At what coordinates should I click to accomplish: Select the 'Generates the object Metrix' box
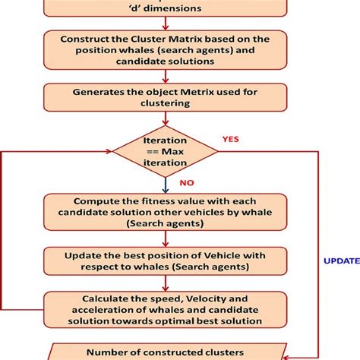(x=166, y=97)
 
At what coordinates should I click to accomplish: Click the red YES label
(x=230, y=139)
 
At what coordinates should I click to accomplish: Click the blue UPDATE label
(x=342, y=261)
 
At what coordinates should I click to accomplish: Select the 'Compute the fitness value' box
(x=166, y=212)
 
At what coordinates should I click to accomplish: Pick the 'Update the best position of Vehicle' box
(x=166, y=260)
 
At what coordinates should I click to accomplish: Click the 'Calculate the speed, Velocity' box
(x=166, y=309)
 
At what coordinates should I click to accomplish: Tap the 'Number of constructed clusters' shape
(x=166, y=352)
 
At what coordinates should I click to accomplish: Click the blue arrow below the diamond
(x=166, y=184)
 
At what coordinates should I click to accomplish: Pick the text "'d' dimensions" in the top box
(x=166, y=10)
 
